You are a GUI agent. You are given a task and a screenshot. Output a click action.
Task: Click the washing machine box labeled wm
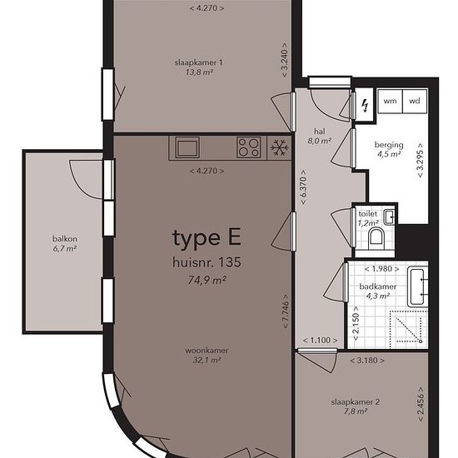tap(390, 101)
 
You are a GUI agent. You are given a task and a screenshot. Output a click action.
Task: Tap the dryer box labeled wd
tap(415, 101)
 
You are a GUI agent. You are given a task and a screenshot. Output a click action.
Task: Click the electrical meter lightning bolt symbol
tap(365, 106)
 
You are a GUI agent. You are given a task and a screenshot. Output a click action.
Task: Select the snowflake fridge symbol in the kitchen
tap(280, 147)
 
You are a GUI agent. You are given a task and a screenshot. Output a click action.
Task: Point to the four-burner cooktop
tap(249, 147)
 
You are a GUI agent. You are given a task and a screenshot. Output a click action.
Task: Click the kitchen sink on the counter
tap(187, 147)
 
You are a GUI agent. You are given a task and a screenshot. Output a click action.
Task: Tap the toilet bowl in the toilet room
tap(376, 236)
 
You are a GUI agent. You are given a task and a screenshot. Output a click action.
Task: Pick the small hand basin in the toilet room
tap(389, 217)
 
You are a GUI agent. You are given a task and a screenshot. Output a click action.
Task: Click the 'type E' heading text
tap(207, 238)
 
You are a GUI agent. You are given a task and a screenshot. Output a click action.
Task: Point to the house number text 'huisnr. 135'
tap(207, 262)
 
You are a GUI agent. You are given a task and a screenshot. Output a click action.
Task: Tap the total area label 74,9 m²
tap(207, 281)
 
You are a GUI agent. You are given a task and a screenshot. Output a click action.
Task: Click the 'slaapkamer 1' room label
tap(199, 62)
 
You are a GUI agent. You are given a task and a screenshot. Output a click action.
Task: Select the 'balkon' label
tap(65, 239)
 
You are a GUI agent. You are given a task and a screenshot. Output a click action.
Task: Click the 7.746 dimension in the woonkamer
tap(286, 311)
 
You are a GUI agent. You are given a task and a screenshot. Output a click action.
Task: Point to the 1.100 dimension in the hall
tap(320, 341)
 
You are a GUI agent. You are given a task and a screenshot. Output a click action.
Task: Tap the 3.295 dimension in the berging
tap(420, 160)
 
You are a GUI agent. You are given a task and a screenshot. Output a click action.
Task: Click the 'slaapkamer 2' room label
tap(356, 402)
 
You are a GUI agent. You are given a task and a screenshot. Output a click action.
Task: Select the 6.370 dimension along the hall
tap(303, 187)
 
